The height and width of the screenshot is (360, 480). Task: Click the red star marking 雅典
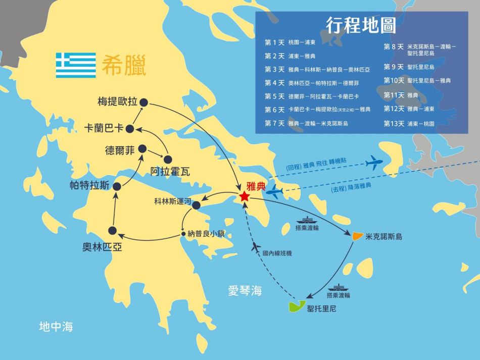click(x=245, y=196)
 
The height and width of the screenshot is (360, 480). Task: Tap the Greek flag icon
click(x=76, y=65)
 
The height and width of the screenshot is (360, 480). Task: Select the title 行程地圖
click(x=361, y=25)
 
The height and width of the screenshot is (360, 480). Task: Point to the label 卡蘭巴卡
click(x=104, y=129)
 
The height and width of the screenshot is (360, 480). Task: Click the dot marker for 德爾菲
click(x=142, y=148)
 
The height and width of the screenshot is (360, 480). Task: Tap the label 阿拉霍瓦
click(x=170, y=172)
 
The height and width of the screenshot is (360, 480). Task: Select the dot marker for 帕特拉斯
click(x=117, y=186)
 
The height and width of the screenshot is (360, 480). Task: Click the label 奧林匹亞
click(x=102, y=247)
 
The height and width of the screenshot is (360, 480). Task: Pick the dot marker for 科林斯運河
click(x=197, y=205)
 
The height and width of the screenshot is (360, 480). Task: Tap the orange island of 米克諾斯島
click(x=357, y=235)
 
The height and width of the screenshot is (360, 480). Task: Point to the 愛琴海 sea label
click(x=245, y=290)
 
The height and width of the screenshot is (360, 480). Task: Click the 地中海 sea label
click(x=56, y=327)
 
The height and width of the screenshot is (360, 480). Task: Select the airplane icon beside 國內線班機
click(x=256, y=247)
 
